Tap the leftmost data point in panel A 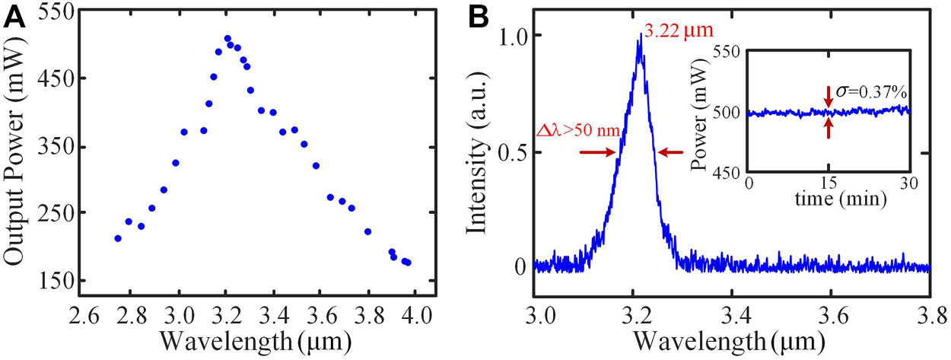[x=118, y=238]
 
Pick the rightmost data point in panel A [x=408, y=263]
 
